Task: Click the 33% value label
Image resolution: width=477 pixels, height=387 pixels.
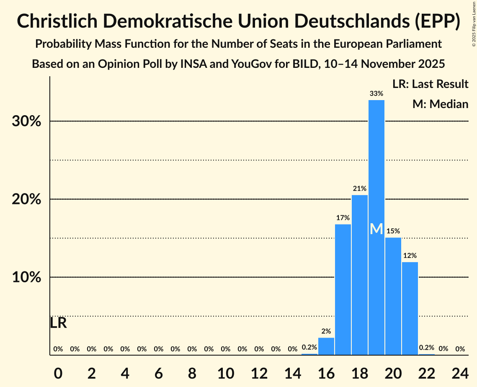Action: point(376,94)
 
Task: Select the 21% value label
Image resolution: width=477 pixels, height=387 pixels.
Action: point(360,188)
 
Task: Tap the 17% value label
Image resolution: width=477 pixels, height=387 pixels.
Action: point(343,218)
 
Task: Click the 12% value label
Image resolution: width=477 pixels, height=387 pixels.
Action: point(410,255)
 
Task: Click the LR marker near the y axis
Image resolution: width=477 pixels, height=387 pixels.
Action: point(58,323)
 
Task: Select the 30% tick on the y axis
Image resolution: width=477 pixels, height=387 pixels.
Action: point(26,121)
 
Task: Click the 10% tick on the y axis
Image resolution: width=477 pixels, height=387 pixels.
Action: point(26,277)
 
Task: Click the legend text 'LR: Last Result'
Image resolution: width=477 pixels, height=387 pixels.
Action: point(430,84)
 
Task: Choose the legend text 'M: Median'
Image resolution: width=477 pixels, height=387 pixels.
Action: point(440,104)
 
